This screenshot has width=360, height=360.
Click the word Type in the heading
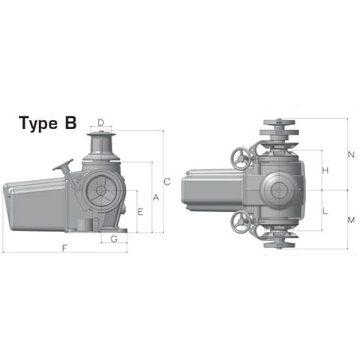coord(41,124)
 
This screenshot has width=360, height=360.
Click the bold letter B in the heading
coord(71,124)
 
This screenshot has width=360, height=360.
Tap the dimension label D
coord(100,123)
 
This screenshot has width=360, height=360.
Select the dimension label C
coord(166,180)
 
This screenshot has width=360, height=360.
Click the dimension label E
coord(140,212)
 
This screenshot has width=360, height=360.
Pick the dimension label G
coord(114,239)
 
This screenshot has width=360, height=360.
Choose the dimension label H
coord(325,171)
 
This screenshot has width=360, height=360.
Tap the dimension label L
coord(325,211)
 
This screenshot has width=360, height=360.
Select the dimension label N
coord(351,155)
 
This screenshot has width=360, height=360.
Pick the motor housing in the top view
coord(211,191)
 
